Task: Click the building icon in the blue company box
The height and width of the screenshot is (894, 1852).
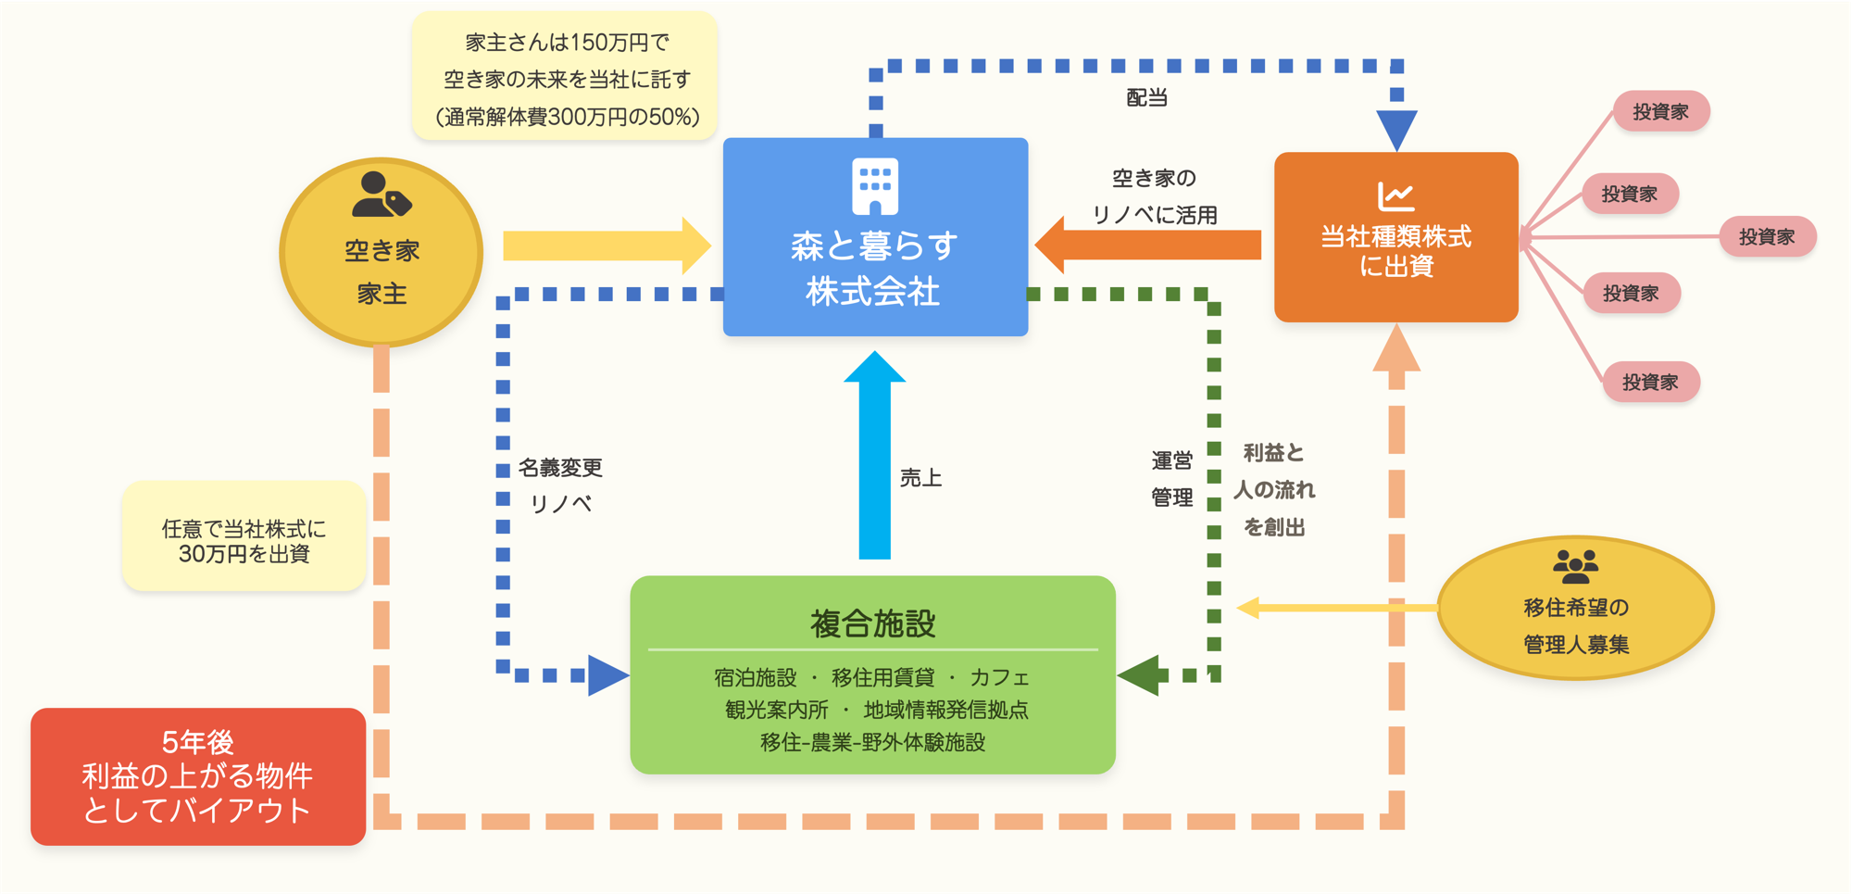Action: [x=874, y=185]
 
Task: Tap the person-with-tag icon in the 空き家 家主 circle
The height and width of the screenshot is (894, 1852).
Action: [x=381, y=195]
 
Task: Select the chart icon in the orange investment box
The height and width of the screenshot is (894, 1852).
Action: [x=1395, y=195]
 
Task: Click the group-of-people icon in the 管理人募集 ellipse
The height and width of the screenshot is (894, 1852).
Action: [x=1575, y=566]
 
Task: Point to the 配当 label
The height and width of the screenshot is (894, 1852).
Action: [x=1146, y=98]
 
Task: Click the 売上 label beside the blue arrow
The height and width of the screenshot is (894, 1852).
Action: [x=920, y=478]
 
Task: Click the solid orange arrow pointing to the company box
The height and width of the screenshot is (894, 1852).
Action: [x=1148, y=245]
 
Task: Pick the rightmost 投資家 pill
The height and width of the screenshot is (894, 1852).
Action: [x=1767, y=237]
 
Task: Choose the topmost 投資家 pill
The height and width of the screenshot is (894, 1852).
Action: [x=1660, y=112]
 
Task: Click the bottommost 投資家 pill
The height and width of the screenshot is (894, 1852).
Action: [x=1650, y=382]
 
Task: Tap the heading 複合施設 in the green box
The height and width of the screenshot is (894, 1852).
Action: [x=872, y=623]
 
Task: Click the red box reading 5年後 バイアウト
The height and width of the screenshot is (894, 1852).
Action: [x=198, y=776]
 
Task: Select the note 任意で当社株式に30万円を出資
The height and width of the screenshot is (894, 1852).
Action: [x=244, y=541]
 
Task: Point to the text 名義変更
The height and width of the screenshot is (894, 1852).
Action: [x=560, y=468]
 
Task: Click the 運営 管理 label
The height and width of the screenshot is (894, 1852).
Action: [x=1171, y=479]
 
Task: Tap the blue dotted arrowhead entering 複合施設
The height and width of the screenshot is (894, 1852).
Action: [x=607, y=675]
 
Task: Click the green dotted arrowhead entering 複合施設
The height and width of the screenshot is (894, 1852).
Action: [x=1140, y=675]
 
